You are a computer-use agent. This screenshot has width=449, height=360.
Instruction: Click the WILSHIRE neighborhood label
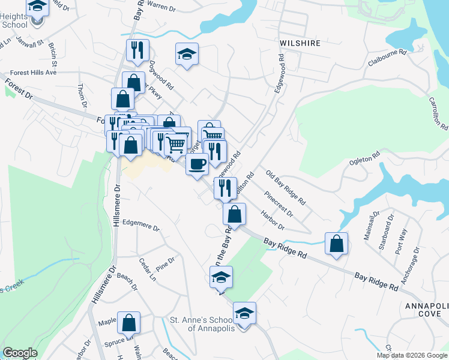[300, 43]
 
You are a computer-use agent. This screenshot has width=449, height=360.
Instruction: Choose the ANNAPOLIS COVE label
[427, 310]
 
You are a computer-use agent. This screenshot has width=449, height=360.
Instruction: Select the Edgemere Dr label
[140, 229]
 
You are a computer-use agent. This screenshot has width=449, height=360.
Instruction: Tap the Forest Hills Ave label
[34, 72]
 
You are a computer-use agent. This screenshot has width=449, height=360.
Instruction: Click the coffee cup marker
[196, 164]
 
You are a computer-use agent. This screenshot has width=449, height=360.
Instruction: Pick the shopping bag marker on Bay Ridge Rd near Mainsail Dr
[337, 244]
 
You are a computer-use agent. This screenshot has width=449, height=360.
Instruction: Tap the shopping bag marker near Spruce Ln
[129, 323]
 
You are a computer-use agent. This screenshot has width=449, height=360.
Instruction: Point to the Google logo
[19, 353]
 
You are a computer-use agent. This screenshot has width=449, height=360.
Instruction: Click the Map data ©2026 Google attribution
[412, 355]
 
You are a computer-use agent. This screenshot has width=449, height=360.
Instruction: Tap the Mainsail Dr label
[368, 226]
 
